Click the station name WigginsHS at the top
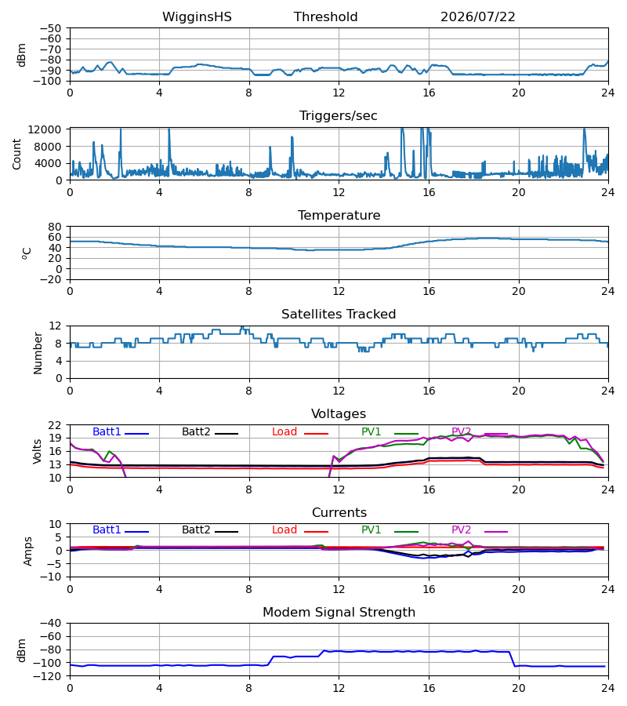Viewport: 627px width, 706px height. click(x=197, y=17)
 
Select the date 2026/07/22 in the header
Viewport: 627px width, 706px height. click(x=477, y=17)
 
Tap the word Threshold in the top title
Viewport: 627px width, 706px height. click(x=325, y=17)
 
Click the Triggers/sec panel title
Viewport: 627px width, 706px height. click(x=339, y=116)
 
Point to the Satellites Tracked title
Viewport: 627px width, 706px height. click(x=339, y=315)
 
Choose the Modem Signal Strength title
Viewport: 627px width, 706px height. click(x=339, y=613)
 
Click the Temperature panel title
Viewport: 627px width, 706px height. click(x=339, y=215)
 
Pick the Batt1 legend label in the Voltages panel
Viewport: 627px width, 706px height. click(x=107, y=431)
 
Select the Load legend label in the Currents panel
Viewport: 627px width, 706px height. click(x=285, y=530)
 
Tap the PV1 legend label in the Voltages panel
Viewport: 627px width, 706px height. click(x=371, y=431)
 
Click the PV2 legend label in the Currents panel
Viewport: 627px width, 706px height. click(x=461, y=530)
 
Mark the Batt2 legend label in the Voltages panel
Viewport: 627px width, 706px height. click(x=196, y=431)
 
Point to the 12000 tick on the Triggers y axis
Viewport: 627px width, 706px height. click(x=45, y=129)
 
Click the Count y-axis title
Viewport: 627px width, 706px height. click(x=16, y=154)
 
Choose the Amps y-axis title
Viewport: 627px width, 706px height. click(x=28, y=551)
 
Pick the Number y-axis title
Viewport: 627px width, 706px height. click(x=38, y=353)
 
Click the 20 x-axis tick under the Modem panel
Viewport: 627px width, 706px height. click(x=519, y=688)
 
